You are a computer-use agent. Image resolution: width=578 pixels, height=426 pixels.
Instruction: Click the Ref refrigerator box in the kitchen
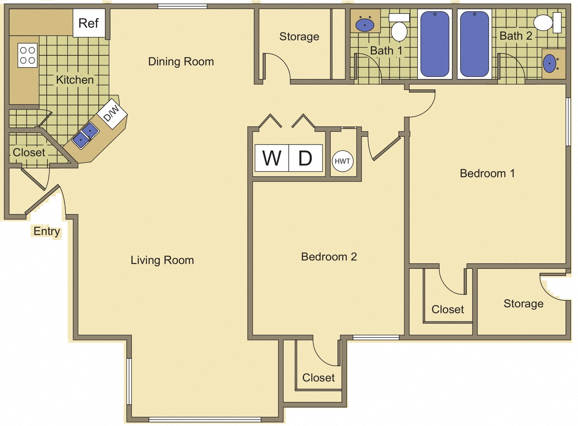click(89, 23)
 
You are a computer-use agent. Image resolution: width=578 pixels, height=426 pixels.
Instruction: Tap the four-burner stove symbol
click(27, 55)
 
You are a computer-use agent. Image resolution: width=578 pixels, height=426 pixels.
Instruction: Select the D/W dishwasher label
click(112, 113)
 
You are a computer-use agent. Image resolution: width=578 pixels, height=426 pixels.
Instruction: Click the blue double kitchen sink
click(86, 135)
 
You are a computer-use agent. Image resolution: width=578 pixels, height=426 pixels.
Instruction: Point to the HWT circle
click(342, 161)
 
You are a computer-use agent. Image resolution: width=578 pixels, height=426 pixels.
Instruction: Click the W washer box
click(272, 158)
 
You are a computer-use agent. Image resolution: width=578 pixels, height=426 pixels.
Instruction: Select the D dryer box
click(306, 158)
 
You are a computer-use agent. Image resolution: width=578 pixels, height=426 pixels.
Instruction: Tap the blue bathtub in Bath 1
click(435, 44)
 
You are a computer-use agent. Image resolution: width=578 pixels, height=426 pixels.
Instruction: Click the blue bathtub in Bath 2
click(474, 44)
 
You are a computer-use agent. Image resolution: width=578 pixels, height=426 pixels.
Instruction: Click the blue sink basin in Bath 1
click(365, 25)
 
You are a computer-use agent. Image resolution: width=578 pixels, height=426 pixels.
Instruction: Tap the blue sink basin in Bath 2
click(549, 63)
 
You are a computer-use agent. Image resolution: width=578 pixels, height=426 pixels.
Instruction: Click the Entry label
click(47, 231)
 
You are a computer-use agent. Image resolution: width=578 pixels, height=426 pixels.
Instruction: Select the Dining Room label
click(181, 61)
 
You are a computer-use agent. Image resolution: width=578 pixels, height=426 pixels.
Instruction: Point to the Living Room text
click(162, 260)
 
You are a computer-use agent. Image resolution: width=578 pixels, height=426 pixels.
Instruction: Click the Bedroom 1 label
click(487, 173)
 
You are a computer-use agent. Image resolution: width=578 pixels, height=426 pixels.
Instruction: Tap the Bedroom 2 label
click(329, 256)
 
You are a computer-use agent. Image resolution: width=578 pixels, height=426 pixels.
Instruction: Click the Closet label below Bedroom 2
click(318, 377)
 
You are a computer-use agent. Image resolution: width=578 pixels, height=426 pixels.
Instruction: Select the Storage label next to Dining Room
click(299, 37)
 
